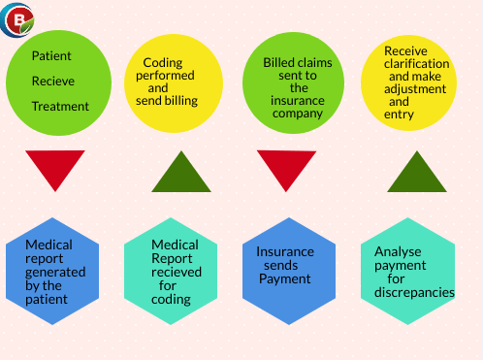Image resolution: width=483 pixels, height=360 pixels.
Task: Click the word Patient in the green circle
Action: pyautogui.click(x=51, y=56)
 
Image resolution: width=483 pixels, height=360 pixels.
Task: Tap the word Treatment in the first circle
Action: pyautogui.click(x=60, y=107)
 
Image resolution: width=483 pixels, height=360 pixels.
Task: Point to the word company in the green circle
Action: pyautogui.click(x=298, y=113)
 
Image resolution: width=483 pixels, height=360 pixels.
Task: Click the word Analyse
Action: pyautogui.click(x=398, y=251)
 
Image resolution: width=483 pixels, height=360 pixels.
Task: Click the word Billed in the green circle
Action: pyautogui.click(x=280, y=62)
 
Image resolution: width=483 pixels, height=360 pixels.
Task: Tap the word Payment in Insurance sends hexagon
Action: pyautogui.click(x=284, y=278)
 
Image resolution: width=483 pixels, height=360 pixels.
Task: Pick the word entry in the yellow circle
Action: pyautogui.click(x=399, y=115)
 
